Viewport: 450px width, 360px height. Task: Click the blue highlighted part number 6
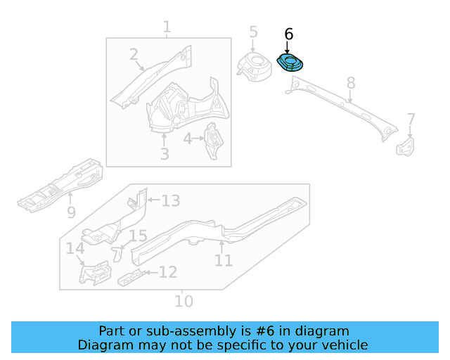pyautogui.click(x=289, y=63)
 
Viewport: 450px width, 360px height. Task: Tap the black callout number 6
pyautogui.click(x=288, y=34)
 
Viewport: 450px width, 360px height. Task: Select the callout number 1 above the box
pyautogui.click(x=167, y=27)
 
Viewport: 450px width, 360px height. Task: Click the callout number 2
pyautogui.click(x=134, y=55)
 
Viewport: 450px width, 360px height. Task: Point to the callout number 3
pyautogui.click(x=164, y=153)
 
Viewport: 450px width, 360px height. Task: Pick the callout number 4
pyautogui.click(x=188, y=139)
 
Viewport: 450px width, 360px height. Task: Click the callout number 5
pyautogui.click(x=253, y=32)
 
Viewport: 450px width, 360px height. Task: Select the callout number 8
pyautogui.click(x=352, y=84)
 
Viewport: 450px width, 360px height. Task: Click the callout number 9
pyautogui.click(x=71, y=212)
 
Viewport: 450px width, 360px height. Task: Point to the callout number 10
pyautogui.click(x=183, y=302)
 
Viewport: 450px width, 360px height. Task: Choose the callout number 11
pyautogui.click(x=223, y=260)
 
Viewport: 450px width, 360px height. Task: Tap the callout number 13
pyautogui.click(x=171, y=201)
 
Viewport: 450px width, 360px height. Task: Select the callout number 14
pyautogui.click(x=75, y=248)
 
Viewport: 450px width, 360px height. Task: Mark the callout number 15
pyautogui.click(x=138, y=236)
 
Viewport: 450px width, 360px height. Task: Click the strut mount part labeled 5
pyautogui.click(x=255, y=63)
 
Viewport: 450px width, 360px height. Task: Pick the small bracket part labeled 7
pyautogui.click(x=406, y=146)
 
